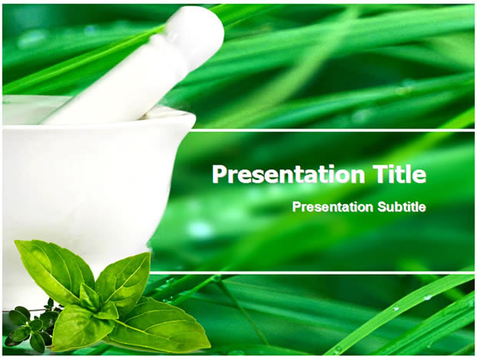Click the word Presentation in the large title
click(x=288, y=175)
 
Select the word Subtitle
click(x=402, y=207)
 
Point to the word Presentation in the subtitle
click(x=332, y=207)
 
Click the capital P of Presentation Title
click(x=219, y=174)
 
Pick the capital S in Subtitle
click(x=382, y=207)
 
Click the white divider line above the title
click(x=331, y=130)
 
